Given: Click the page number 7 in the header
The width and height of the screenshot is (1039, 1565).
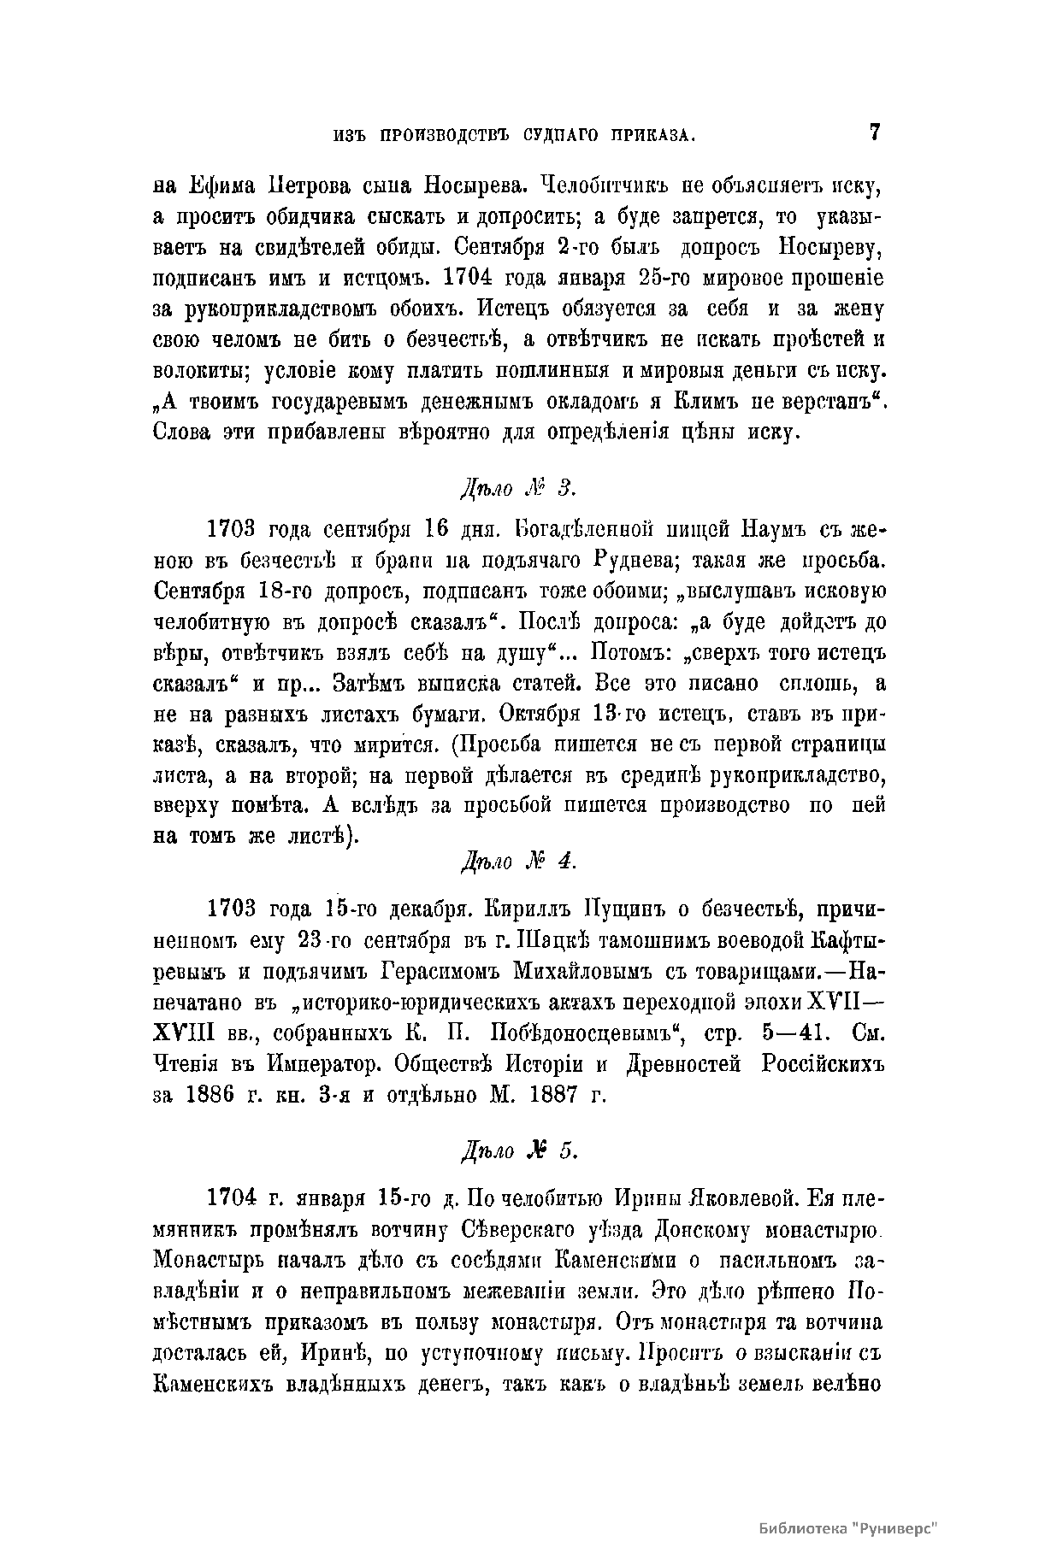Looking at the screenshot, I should pos(874,132).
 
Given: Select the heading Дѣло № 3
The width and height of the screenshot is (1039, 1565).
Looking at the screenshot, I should pos(519,489).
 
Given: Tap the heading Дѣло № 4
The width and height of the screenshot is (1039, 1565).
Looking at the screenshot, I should pos(519,862).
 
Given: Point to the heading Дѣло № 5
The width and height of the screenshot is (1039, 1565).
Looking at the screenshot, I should pos(519,1151).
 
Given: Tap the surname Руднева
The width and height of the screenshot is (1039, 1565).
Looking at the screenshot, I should pos(629,561).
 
